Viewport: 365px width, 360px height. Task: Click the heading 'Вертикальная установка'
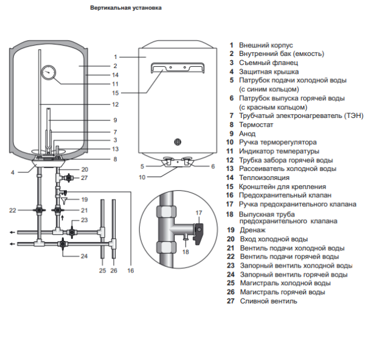tap(126, 9)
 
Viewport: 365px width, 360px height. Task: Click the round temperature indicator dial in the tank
tap(49, 74)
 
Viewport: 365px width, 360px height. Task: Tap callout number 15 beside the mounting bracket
tap(116, 93)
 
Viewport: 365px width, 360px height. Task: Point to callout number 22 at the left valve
tap(12, 210)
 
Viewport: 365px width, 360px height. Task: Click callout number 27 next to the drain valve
tap(85, 178)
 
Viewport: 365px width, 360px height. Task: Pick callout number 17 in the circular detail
tap(198, 212)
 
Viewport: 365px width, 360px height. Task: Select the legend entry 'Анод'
tap(248, 133)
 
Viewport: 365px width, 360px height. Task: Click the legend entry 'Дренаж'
tap(252, 230)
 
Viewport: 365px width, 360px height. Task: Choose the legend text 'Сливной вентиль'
tap(268, 300)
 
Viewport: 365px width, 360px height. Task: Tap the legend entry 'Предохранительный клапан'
tap(285, 195)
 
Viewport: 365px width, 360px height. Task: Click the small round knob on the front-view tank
tap(178, 142)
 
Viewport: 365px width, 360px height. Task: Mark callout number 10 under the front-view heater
tap(142, 178)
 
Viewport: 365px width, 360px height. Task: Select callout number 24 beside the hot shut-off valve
tap(85, 256)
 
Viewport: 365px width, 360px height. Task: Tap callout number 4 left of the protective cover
tap(12, 172)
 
